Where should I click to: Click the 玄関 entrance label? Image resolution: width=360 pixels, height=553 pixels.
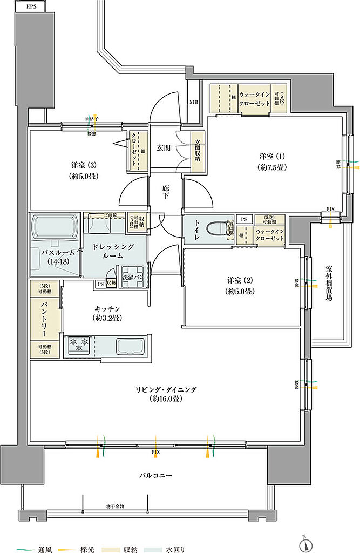164,147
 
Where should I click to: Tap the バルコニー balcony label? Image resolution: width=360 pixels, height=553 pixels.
155,476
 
